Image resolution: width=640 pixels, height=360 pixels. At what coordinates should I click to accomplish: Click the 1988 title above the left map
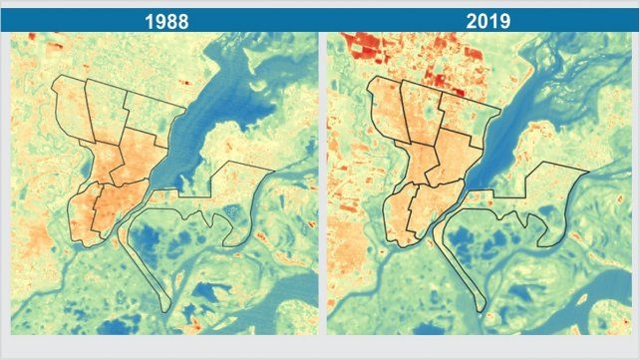tap(163, 20)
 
